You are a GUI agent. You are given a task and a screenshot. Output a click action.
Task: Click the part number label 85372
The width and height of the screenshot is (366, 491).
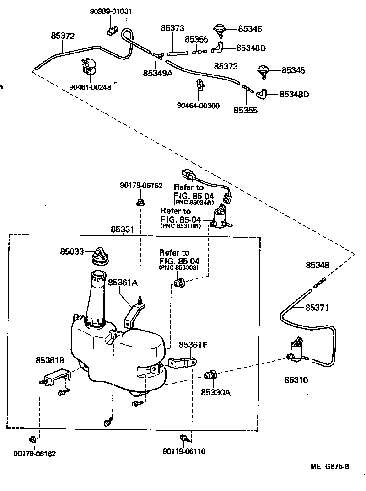63,35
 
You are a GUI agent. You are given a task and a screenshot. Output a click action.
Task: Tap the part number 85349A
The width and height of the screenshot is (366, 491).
157,73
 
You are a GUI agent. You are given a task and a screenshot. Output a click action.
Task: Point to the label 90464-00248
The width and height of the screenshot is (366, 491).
91,87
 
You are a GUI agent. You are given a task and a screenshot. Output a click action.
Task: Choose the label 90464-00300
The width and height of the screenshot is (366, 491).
198,106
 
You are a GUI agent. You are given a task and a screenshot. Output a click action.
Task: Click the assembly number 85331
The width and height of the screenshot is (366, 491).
122,229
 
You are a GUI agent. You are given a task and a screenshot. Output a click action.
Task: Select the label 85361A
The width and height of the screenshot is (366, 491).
123,283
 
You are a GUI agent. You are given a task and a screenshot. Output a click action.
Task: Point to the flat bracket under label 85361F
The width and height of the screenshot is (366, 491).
183,363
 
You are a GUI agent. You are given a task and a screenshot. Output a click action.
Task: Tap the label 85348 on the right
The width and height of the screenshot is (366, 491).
318,266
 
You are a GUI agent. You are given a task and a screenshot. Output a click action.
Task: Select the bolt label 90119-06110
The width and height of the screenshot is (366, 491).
184,452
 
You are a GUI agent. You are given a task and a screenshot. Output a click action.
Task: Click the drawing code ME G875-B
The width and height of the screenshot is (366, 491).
329,467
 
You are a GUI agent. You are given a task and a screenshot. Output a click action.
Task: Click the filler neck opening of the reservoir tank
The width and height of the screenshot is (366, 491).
98,275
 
